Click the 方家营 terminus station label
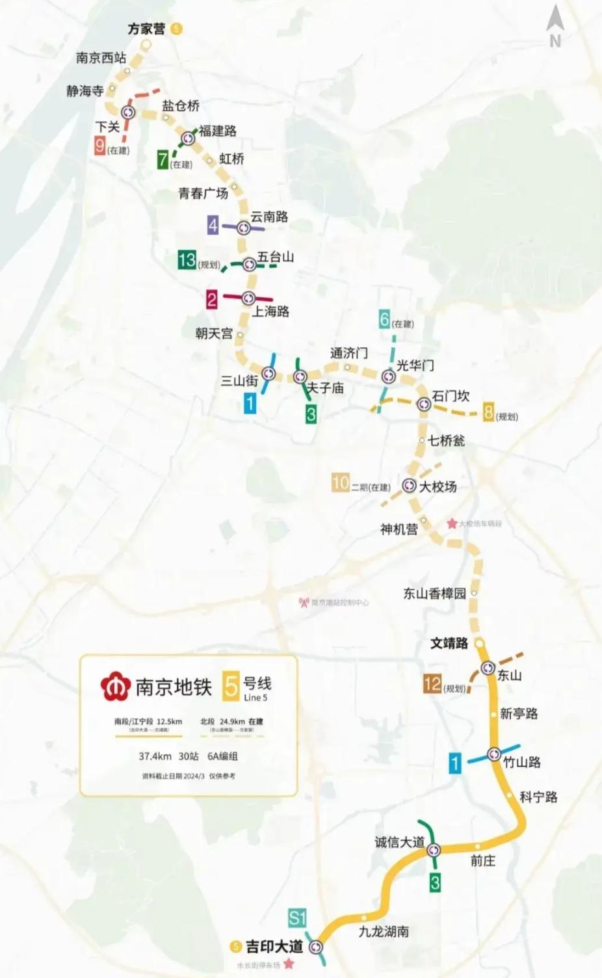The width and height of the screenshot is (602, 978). coord(146,29)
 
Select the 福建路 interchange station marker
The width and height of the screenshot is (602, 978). coord(189,138)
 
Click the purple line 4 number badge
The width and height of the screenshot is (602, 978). coord(213,225)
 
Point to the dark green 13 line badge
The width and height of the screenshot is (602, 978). coord(187,260)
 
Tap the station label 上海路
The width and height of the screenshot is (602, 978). coord(270,311)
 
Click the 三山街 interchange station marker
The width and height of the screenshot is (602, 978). coord(268,374)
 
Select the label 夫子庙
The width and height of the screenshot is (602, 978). coord(325,388)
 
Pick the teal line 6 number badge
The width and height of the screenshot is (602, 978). coord(385,319)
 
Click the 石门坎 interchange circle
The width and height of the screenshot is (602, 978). coord(424,404)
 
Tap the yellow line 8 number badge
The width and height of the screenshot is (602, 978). coord(489,412)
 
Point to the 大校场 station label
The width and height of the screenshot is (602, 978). coord(438,486)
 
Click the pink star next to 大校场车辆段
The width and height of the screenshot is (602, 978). coord(452,523)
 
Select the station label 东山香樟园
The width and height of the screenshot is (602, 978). coord(435,593)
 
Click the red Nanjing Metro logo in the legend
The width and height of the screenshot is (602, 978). coord(116,687)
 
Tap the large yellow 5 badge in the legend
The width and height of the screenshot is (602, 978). coord(231,687)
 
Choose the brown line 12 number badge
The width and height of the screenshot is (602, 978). coord(432,684)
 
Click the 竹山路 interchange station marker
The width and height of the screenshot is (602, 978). coord(494,755)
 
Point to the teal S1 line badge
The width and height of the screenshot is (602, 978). coord(297,918)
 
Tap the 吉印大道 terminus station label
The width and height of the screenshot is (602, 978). coord(274,946)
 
